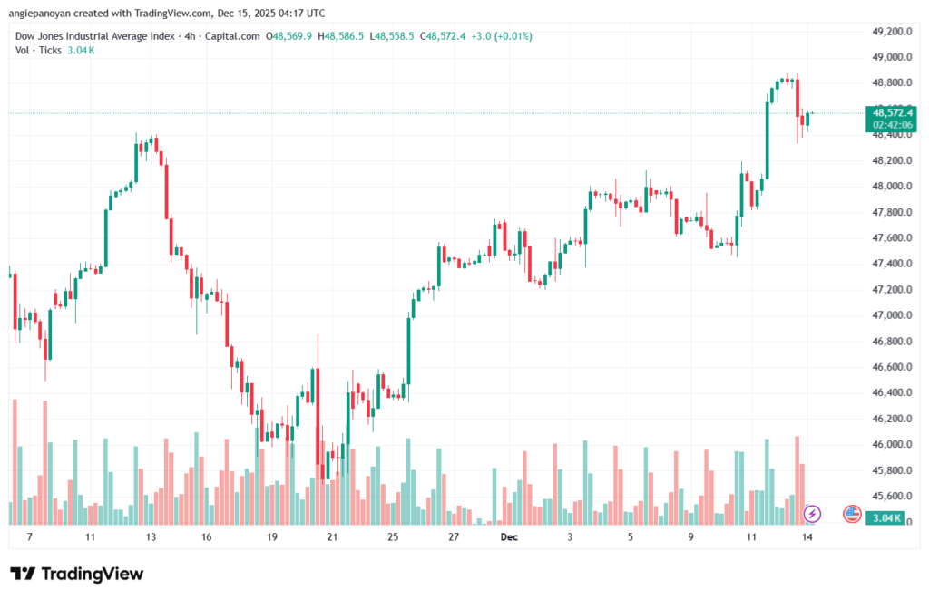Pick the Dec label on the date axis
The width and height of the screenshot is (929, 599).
(x=509, y=537)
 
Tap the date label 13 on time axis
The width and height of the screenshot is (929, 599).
(x=151, y=537)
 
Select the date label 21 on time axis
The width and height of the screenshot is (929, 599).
(x=332, y=537)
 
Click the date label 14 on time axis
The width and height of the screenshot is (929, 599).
(x=807, y=537)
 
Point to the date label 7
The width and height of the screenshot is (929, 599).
(x=29, y=537)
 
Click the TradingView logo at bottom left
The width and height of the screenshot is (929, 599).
(x=76, y=574)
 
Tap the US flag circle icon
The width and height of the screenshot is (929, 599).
(x=851, y=514)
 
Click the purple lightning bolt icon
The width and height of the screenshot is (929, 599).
(x=812, y=514)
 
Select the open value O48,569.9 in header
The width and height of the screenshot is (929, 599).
(x=288, y=36)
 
